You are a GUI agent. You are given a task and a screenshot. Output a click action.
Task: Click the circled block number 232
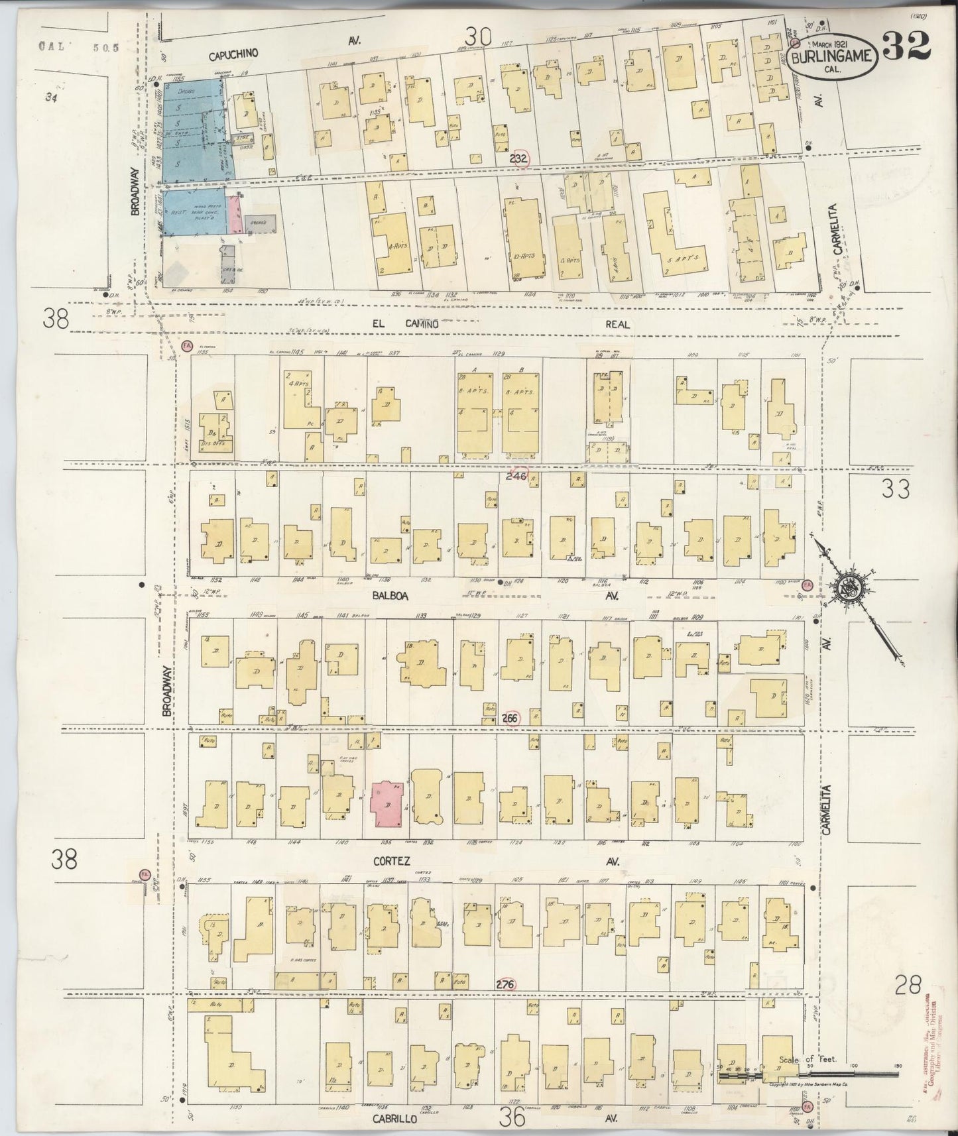tap(519, 159)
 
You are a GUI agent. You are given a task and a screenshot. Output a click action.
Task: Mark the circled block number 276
tap(505, 984)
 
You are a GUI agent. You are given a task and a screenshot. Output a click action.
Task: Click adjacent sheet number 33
tap(896, 490)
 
